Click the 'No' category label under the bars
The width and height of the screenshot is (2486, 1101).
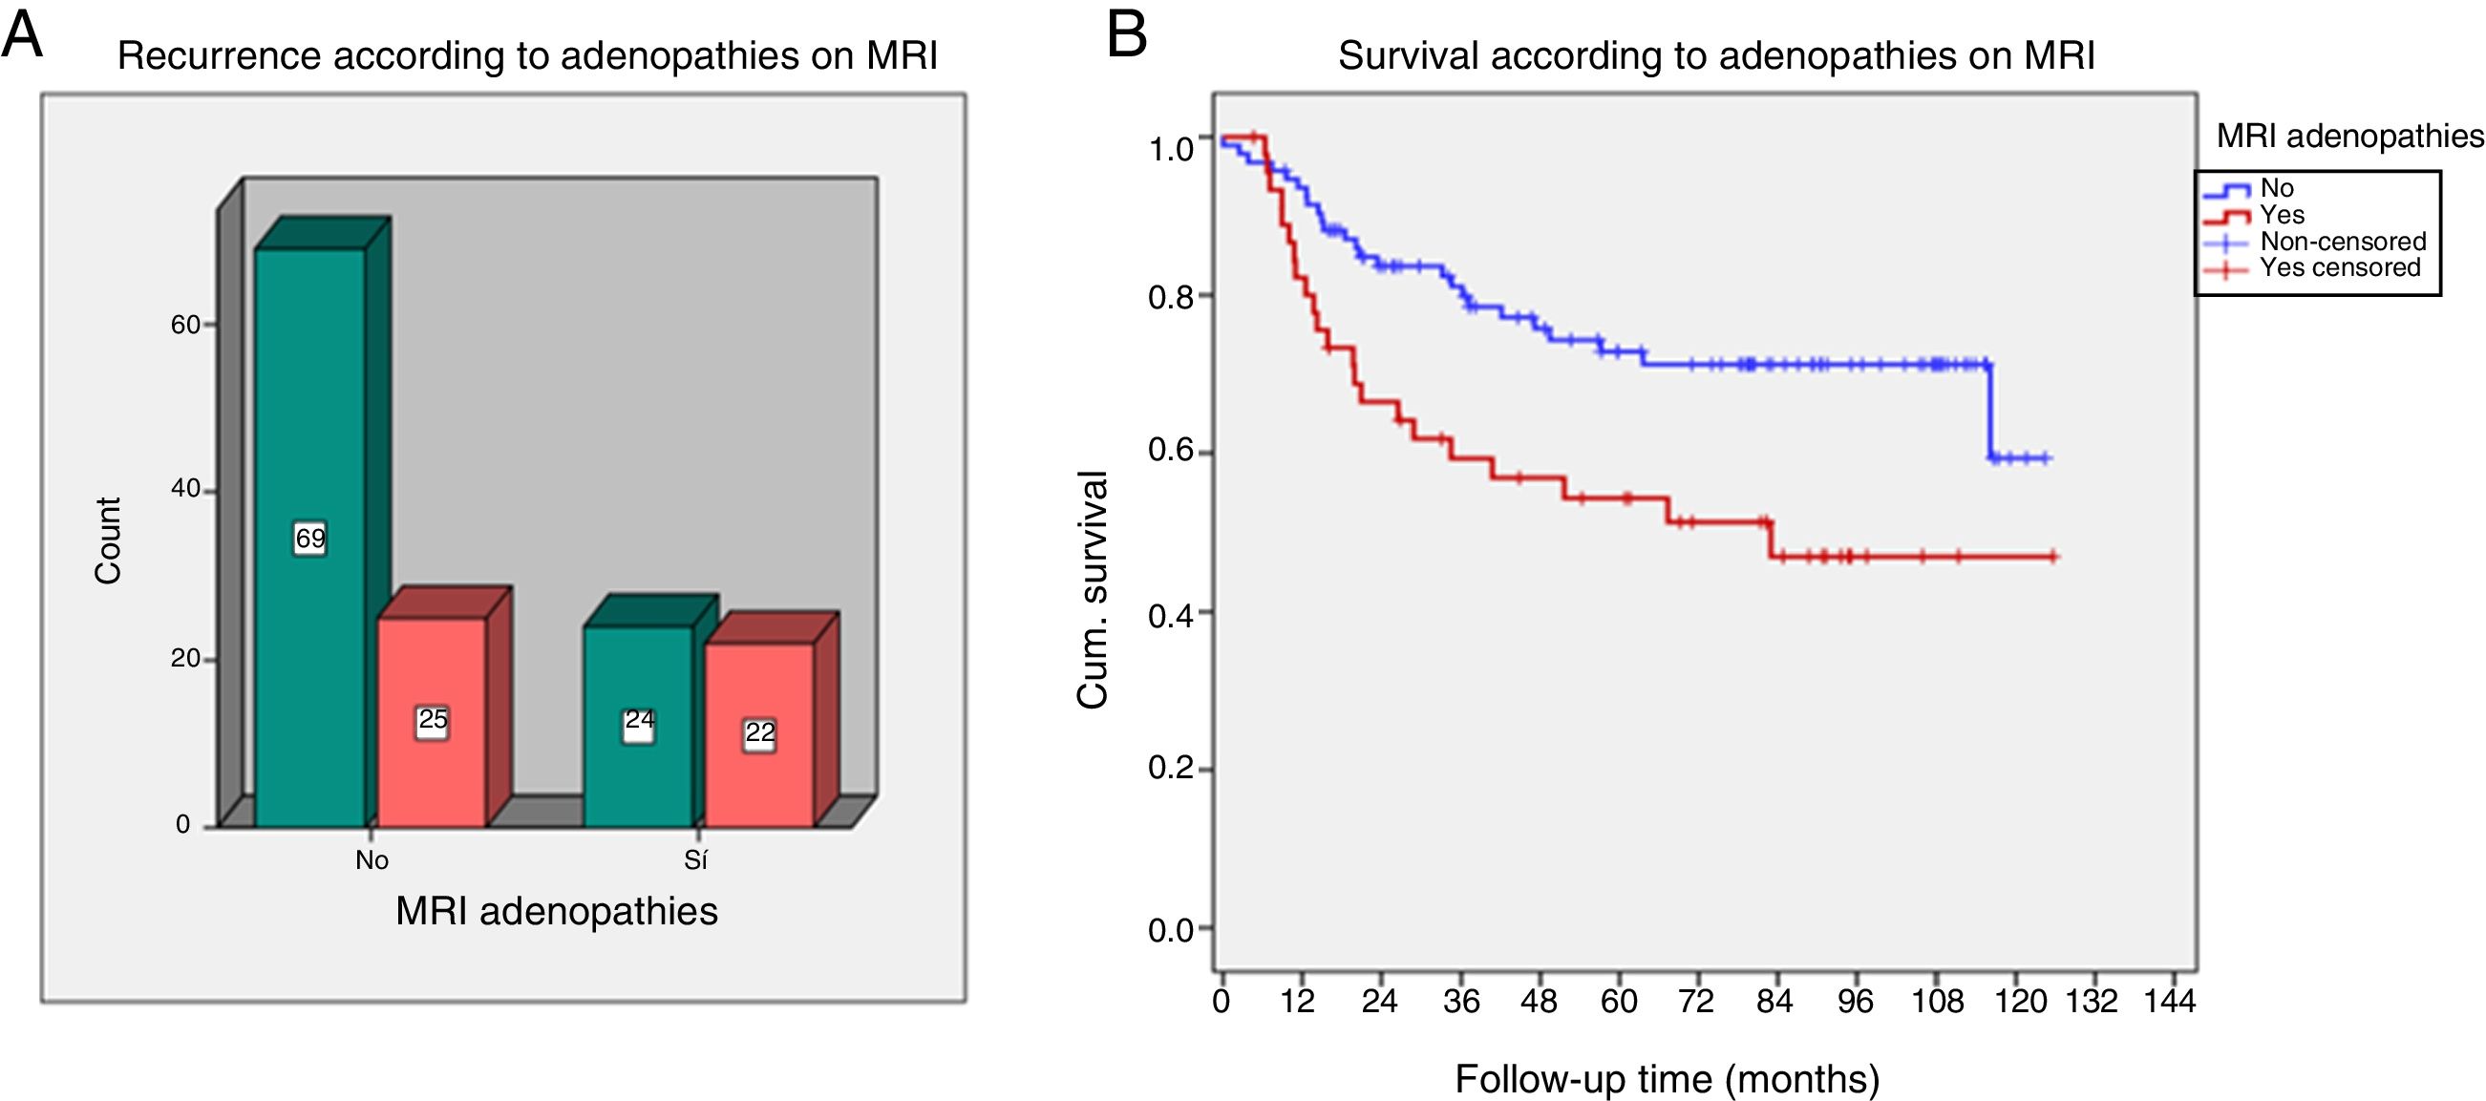click(372, 859)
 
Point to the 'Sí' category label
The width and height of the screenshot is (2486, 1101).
click(696, 859)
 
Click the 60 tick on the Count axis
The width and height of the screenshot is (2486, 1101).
click(185, 326)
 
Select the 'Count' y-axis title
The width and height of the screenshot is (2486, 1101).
click(108, 540)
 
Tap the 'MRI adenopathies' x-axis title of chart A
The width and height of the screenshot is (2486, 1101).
click(557, 912)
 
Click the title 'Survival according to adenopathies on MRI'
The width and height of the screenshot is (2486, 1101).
click(1716, 56)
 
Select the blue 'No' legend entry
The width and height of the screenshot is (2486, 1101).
click(2277, 188)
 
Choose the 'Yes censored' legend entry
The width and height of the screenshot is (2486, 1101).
click(2339, 267)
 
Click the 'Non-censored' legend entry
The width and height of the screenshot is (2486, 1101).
click(2342, 242)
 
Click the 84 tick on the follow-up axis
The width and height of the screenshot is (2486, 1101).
click(1774, 1002)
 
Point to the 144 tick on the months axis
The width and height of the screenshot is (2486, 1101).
click(2170, 1002)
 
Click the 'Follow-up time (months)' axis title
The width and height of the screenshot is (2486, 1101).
click(1667, 1078)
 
